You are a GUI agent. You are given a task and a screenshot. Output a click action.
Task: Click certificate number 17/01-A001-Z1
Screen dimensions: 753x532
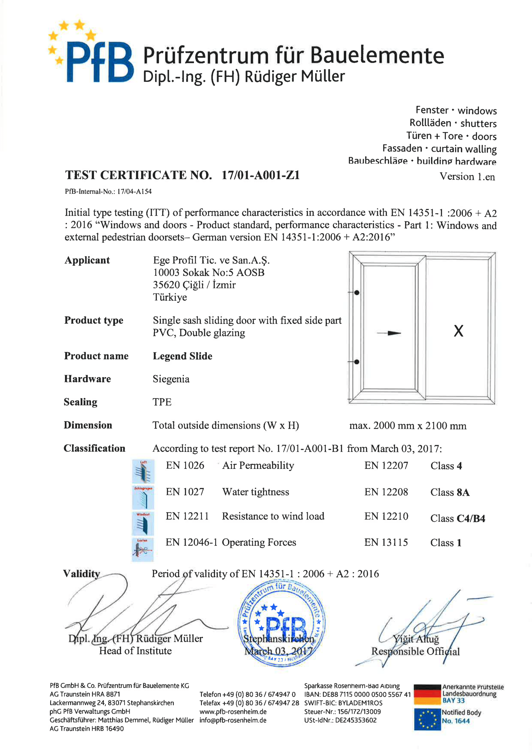[261, 175]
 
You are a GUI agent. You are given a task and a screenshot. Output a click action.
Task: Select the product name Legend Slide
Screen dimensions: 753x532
[182, 356]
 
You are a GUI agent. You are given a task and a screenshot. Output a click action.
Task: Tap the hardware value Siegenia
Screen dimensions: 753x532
[171, 379]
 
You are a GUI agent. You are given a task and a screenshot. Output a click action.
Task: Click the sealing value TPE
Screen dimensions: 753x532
[162, 402]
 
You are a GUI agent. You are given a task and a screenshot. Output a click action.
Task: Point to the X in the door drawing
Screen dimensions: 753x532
[458, 331]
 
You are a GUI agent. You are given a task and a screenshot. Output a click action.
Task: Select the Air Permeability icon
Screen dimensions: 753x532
[143, 471]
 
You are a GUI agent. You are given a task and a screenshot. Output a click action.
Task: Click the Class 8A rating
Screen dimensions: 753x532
[450, 492]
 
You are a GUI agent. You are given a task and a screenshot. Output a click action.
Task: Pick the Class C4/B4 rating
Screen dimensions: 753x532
[458, 519]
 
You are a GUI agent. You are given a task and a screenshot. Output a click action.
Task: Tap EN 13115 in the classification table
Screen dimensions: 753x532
[386, 542]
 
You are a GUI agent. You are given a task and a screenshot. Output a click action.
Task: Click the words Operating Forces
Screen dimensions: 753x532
[259, 542]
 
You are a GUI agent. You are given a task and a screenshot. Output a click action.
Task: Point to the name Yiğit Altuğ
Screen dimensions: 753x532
[416, 639]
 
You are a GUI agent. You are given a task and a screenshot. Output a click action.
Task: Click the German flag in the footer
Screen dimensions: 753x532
[427, 694]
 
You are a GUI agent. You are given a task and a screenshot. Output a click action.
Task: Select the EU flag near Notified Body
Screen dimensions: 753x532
[427, 719]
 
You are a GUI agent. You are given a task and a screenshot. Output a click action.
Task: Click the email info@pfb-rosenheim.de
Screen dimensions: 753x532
[233, 720]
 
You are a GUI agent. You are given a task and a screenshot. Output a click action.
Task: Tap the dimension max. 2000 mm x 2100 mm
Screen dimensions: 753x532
[408, 426]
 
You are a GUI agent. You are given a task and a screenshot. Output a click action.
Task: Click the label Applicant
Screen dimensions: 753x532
[87, 261]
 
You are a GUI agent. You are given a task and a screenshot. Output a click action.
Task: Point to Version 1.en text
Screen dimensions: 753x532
[467, 177]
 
